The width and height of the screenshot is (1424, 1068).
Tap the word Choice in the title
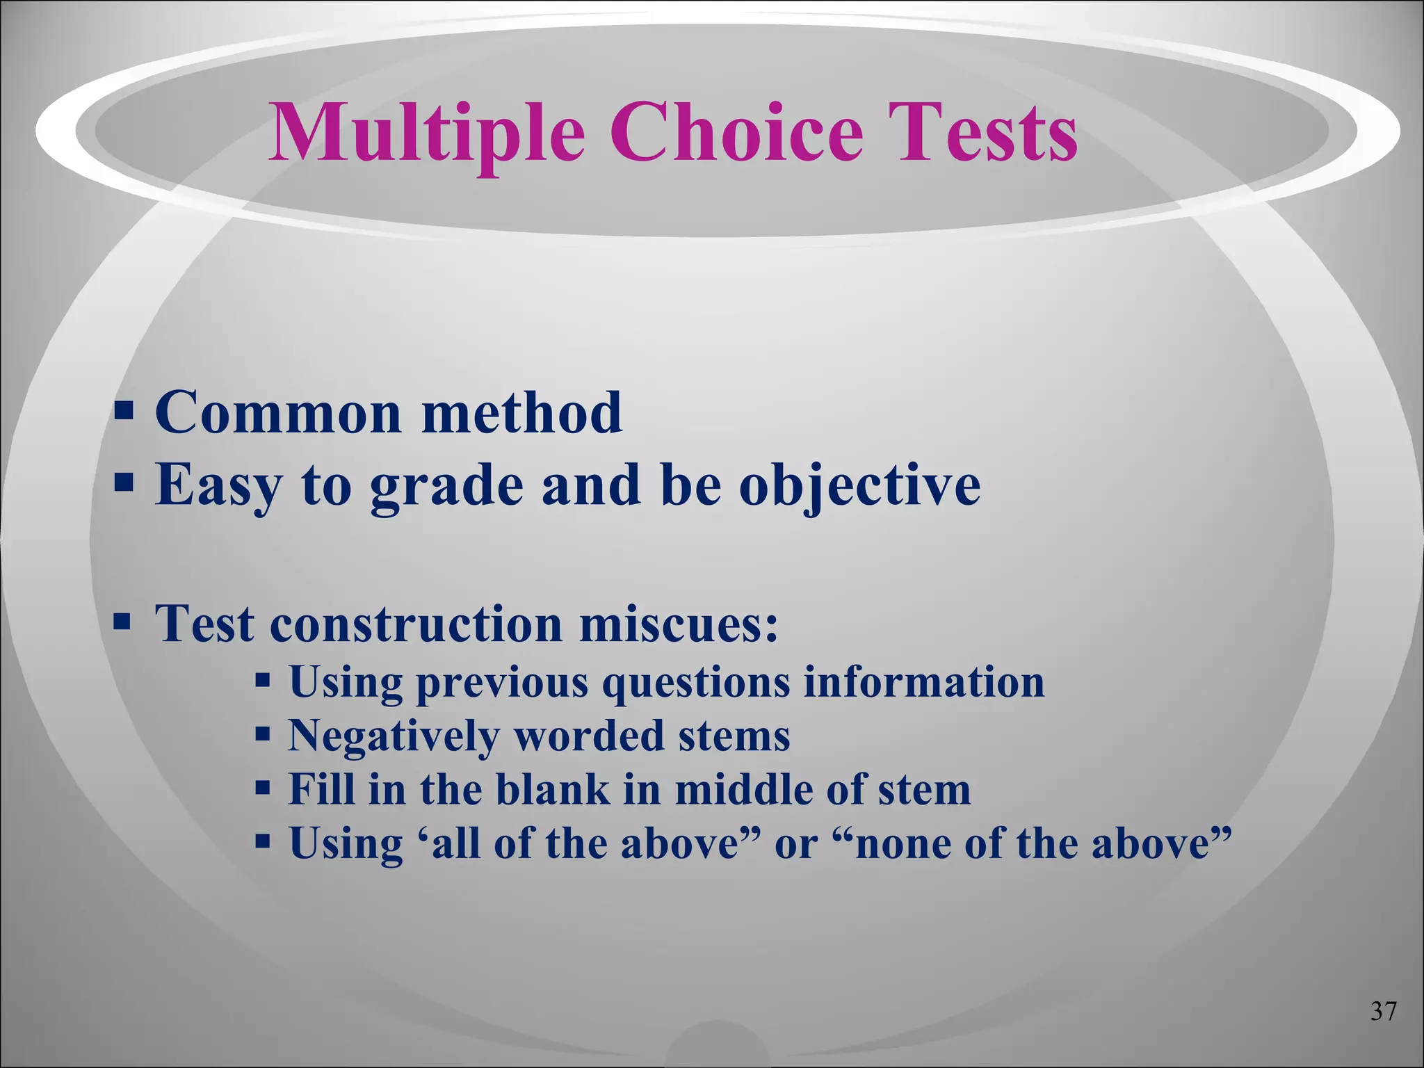[736, 132]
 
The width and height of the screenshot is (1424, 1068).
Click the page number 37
[1383, 1030]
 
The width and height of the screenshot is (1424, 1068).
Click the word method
[521, 412]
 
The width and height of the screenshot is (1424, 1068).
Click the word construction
[416, 624]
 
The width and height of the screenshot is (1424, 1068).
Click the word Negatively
[394, 736]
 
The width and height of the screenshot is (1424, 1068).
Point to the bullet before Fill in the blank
[262, 788]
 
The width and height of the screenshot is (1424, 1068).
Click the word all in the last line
[455, 844]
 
